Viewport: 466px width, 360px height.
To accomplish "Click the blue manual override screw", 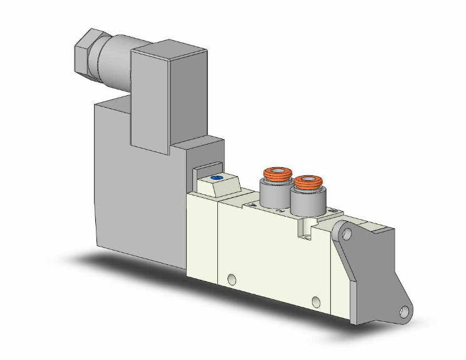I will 217,178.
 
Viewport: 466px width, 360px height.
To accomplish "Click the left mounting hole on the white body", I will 232,279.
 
